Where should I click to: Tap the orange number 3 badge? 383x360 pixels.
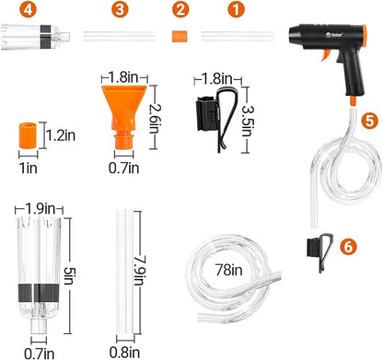pos(120,10)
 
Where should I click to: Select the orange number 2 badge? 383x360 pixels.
pos(181,10)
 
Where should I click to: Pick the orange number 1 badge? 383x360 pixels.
pos(238,10)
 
